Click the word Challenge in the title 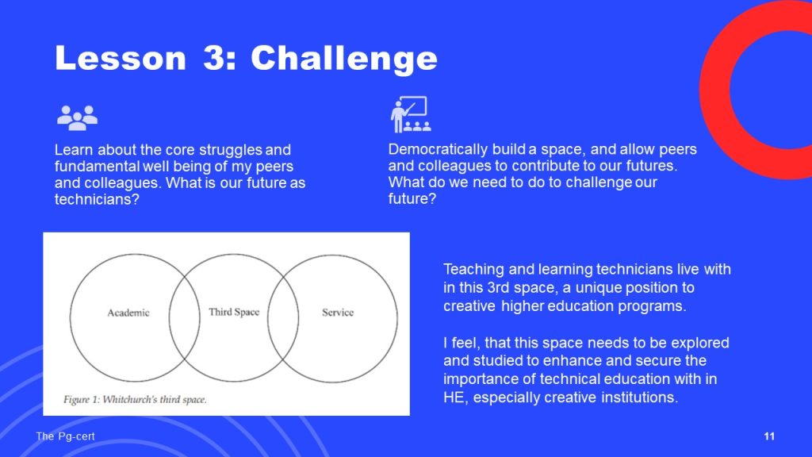coord(344,58)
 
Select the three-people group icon coord(77,117)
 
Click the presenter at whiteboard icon coord(411,114)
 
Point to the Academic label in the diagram coord(128,313)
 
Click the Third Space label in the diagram coord(234,312)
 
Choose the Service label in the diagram coord(338,313)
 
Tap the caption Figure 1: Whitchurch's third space coord(135,400)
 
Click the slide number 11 coord(769,436)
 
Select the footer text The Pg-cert coord(65,436)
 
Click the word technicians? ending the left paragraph coord(97,199)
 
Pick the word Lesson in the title coord(121,58)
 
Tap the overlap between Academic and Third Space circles coord(184,317)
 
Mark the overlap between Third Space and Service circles coord(283,317)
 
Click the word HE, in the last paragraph coord(456,397)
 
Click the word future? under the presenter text coord(412,198)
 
